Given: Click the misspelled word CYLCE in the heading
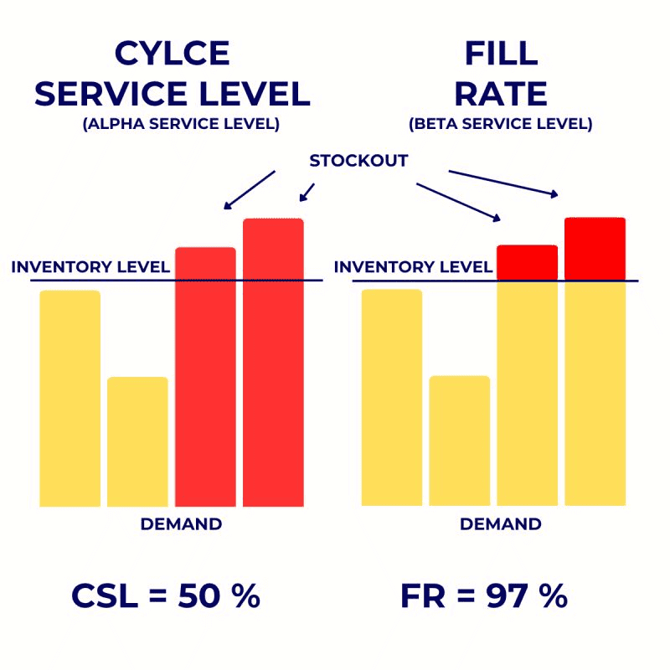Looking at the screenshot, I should tap(172, 54).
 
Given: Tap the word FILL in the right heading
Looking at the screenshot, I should tap(500, 54).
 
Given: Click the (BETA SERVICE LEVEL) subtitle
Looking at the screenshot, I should tap(500, 124).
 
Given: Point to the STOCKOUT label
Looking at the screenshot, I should tap(358, 161).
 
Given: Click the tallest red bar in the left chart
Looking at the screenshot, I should tap(273, 362).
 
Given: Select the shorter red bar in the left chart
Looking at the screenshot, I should tap(205, 377).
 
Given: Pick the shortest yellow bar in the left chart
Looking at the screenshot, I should tap(137, 441).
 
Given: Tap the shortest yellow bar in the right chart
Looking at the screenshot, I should tap(459, 441).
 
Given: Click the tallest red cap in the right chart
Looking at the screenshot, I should tap(595, 248).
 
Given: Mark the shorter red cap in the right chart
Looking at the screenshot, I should tap(527, 262).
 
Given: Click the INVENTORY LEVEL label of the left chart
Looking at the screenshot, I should tap(90, 268).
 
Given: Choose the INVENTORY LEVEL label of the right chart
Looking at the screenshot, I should tap(413, 268).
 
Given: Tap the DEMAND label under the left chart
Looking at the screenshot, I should tap(181, 525).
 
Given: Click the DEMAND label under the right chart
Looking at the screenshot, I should tap(501, 525).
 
